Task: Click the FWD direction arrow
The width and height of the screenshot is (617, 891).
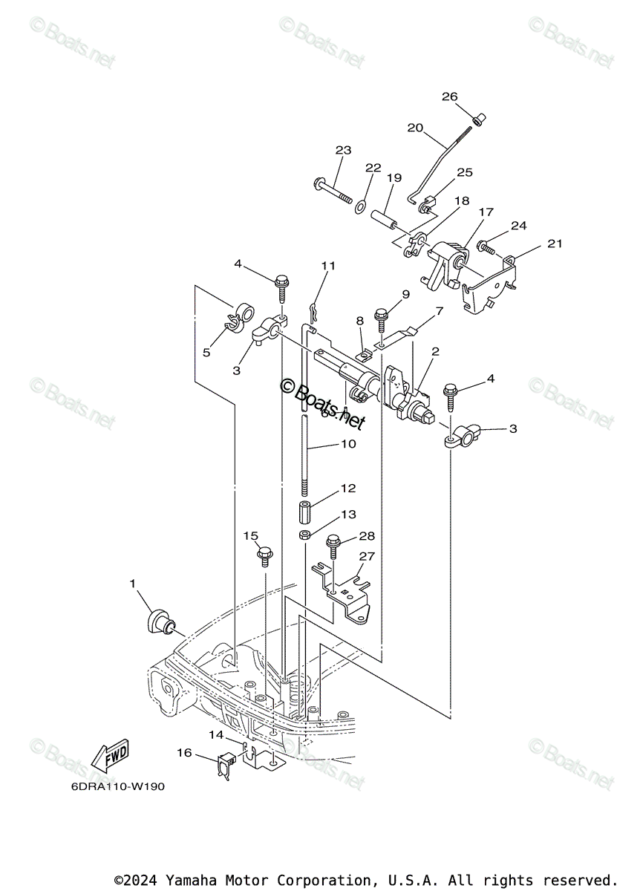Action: [x=110, y=757]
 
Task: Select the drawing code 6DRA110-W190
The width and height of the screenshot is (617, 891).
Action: [x=108, y=787]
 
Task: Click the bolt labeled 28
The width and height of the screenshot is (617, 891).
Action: [x=333, y=550]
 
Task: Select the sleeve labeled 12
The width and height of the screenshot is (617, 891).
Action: [x=305, y=513]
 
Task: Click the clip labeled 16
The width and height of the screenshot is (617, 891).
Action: [x=225, y=764]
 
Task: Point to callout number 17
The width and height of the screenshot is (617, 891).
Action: [x=486, y=212]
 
